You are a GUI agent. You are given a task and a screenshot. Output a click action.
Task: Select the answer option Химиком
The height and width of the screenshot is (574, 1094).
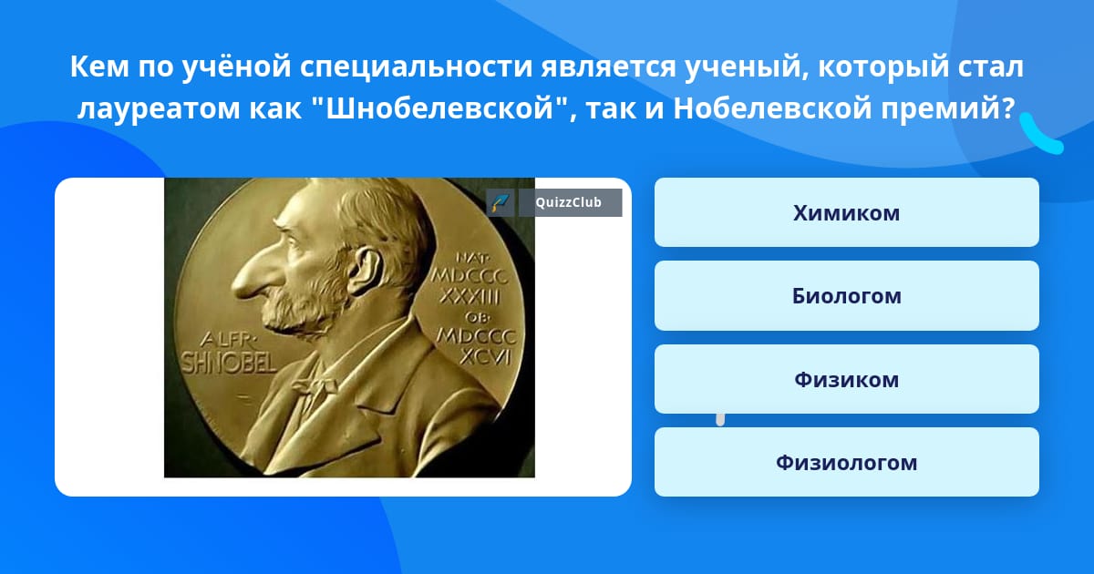[x=846, y=212]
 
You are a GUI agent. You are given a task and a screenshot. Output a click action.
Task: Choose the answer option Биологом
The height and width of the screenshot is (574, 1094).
[x=846, y=296]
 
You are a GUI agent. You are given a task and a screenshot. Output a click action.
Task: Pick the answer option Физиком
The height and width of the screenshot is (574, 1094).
[x=846, y=379]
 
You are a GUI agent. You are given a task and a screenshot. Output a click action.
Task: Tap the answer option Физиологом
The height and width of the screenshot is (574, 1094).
[x=846, y=462]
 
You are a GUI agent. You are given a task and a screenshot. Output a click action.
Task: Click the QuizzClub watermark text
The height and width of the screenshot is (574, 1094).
[x=569, y=202]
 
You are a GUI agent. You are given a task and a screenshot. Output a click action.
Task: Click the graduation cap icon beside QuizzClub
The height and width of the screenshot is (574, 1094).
[x=500, y=202]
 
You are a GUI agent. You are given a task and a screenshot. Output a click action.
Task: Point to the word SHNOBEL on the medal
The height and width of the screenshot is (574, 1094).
[x=229, y=363]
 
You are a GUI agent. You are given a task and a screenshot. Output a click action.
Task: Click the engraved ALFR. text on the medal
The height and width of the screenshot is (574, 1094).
[x=227, y=339]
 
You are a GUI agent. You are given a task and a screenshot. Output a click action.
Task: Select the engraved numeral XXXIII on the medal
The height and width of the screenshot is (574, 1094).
[x=470, y=296]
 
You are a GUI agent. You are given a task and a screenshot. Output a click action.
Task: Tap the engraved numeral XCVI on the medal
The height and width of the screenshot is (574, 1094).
[x=485, y=357]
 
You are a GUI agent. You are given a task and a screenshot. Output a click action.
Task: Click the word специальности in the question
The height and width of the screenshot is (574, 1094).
[x=416, y=67]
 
